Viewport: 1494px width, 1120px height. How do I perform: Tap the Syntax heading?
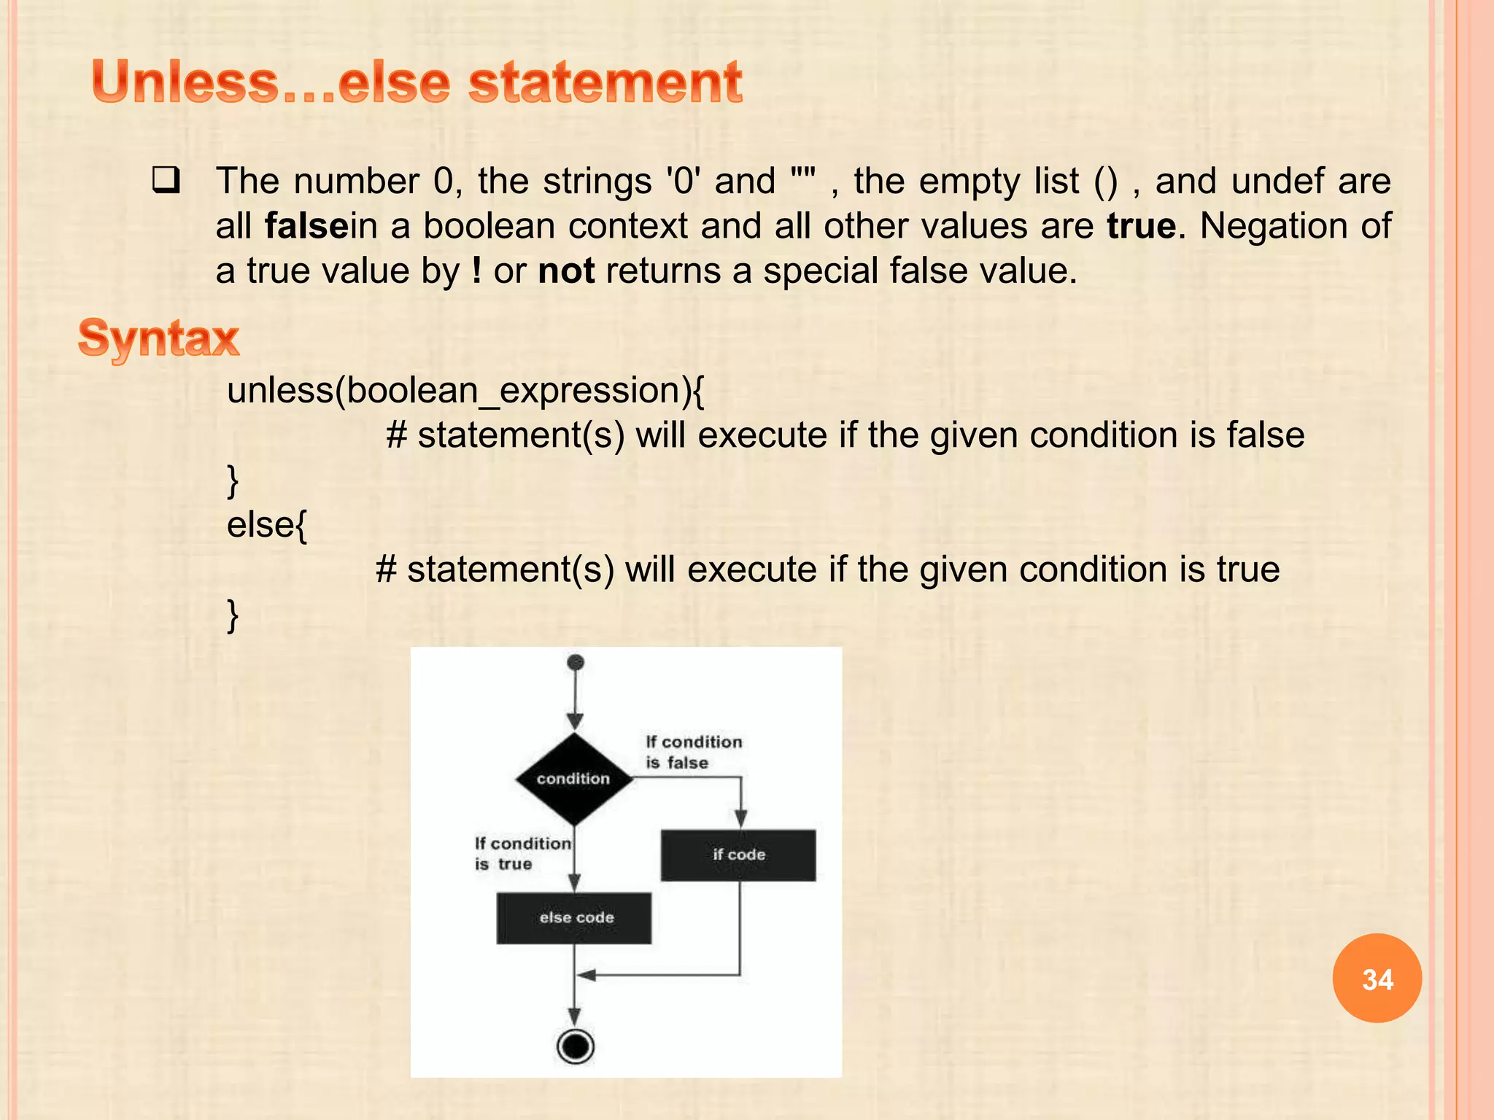pyautogui.click(x=158, y=338)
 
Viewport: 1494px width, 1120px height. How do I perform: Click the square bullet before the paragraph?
pyautogui.click(x=166, y=181)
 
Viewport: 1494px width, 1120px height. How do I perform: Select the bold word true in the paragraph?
pyautogui.click(x=1141, y=226)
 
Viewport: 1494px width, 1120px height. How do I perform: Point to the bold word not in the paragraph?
pyautogui.click(x=566, y=271)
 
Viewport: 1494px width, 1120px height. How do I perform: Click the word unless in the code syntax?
pyautogui.click(x=280, y=391)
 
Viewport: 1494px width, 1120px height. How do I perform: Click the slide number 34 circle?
pyautogui.click(x=1377, y=979)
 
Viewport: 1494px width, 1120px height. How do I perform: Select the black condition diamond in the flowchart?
pyautogui.click(x=574, y=779)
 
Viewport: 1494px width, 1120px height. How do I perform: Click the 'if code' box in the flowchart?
pyautogui.click(x=738, y=855)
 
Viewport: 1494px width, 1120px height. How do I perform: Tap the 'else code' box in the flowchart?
pyautogui.click(x=575, y=918)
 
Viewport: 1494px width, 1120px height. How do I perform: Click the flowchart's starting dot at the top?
pyautogui.click(x=576, y=663)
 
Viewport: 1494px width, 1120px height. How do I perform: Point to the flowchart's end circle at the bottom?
pyautogui.click(x=576, y=1047)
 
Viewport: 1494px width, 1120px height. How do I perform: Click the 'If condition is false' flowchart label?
pyautogui.click(x=693, y=752)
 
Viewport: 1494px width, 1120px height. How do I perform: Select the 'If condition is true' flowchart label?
pyautogui.click(x=522, y=853)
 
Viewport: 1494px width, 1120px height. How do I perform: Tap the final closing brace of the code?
pyautogui.click(x=233, y=615)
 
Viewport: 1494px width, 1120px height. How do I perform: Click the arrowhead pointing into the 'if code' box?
pyautogui.click(x=740, y=820)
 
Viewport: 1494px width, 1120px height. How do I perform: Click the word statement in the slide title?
pyautogui.click(x=605, y=82)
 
